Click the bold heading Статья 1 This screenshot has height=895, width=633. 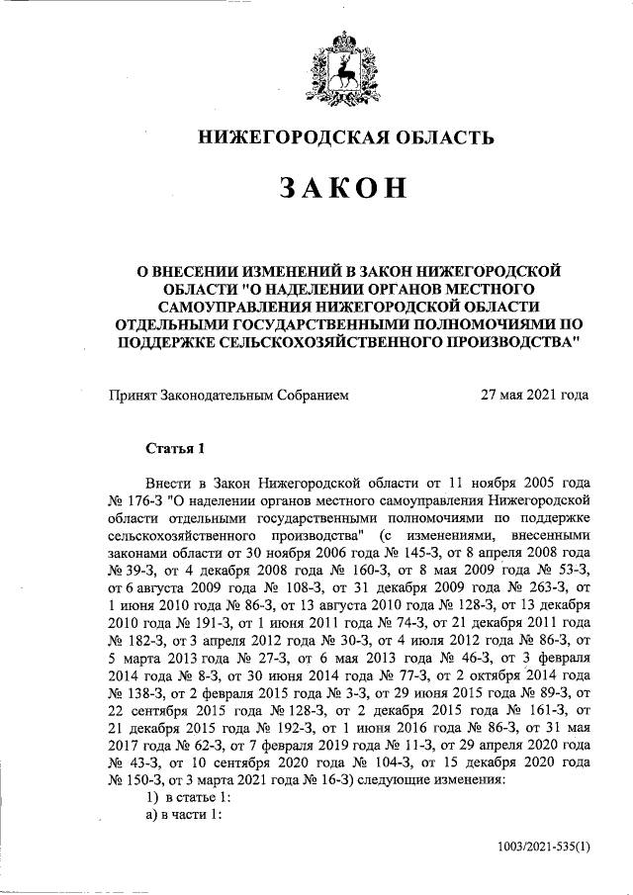coord(174,448)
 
